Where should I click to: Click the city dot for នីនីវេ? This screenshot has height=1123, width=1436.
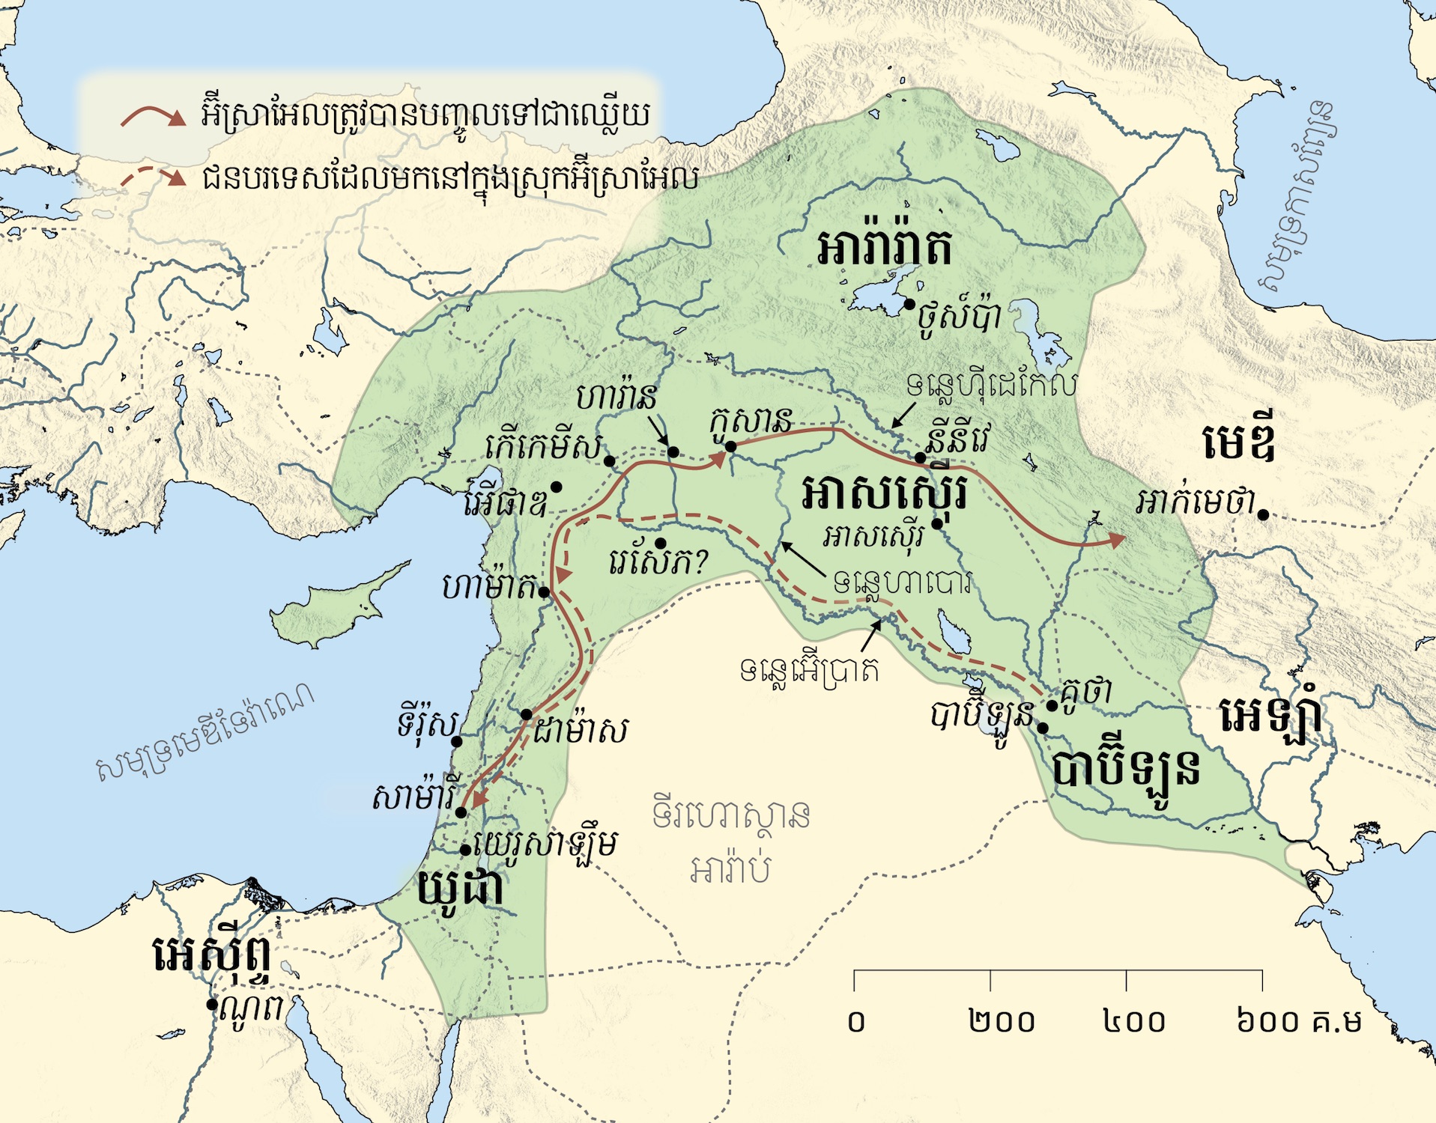(920, 457)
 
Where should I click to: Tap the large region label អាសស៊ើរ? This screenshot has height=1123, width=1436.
(884, 494)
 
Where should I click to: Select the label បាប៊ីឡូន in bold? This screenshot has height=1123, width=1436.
(1126, 770)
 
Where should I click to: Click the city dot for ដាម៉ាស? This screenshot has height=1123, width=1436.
(527, 714)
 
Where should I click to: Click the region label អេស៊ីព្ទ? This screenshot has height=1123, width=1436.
(213, 954)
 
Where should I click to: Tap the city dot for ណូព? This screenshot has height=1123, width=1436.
(212, 1004)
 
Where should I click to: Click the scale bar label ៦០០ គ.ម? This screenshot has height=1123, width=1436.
(1298, 1021)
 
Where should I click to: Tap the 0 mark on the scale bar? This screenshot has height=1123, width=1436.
(856, 1021)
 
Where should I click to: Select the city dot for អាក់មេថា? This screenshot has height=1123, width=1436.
(1263, 514)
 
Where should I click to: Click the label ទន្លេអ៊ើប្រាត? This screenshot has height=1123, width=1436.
(809, 669)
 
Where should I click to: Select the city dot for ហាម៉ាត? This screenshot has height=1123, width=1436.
(545, 592)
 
